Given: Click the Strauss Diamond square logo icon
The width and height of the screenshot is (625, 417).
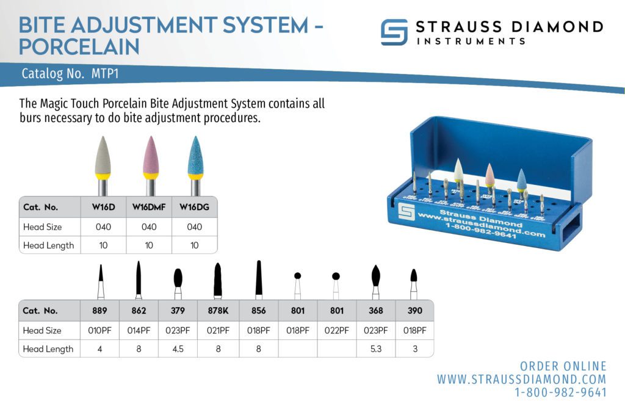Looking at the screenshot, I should [394, 32].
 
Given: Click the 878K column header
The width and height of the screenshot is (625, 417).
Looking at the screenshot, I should [218, 310].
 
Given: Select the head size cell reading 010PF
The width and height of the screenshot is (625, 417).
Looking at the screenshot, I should [100, 330].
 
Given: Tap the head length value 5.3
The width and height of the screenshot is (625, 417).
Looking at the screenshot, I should [375, 349].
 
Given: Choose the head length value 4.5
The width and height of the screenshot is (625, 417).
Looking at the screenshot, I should [178, 349].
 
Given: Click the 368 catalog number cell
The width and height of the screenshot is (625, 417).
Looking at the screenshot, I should [375, 310].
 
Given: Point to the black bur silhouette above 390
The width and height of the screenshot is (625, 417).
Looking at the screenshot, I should [414, 275].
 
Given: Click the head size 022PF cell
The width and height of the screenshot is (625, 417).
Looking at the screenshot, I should [336, 330].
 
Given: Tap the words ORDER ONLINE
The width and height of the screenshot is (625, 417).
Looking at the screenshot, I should [563, 366].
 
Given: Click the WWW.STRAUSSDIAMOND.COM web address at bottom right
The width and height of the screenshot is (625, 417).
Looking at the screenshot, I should [521, 379].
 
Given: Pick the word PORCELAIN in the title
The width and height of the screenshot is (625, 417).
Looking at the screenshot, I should [79, 46].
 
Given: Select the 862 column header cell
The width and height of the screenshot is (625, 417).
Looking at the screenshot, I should [139, 310].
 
